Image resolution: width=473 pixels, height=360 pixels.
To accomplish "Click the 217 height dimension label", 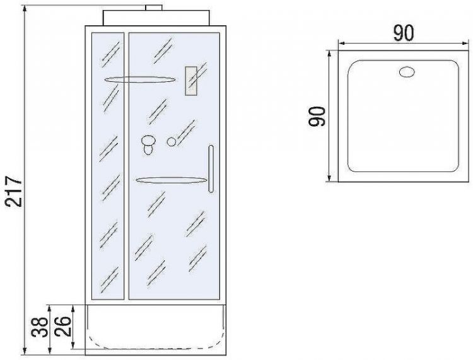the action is (15, 192).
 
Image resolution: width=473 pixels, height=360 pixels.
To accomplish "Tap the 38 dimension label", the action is (40, 327).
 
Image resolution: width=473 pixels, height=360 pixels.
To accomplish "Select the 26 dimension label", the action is (63, 327).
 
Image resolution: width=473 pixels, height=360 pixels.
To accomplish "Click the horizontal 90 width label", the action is (404, 33).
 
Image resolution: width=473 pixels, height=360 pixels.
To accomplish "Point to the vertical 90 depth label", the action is (317, 117).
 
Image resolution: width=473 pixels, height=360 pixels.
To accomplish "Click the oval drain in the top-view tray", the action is (407, 73).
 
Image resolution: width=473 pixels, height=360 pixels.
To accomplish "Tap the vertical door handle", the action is (211, 169).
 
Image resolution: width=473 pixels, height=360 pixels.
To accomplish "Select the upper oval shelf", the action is (139, 79).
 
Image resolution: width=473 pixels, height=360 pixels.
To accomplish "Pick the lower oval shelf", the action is (171, 180).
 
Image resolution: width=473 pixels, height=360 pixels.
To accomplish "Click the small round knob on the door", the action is (172, 142).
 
